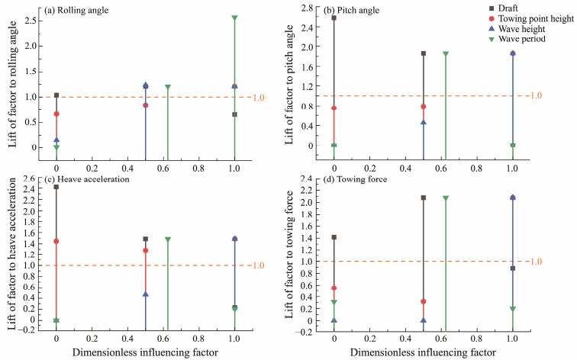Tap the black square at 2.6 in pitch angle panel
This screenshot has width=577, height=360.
[334, 18]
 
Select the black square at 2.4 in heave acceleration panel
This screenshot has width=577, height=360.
[56, 187]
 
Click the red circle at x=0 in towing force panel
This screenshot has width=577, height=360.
[334, 288]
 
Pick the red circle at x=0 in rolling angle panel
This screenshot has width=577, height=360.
[56, 114]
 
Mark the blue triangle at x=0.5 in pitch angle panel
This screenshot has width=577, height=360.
[424, 122]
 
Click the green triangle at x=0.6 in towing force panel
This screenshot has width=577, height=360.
[446, 198]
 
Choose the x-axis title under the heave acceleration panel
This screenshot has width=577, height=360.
[145, 352]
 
